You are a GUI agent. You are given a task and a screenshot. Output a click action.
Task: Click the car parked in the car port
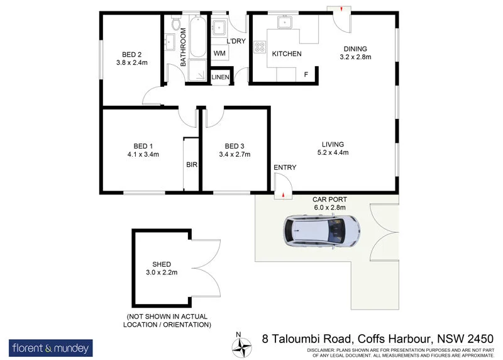pos(321,230)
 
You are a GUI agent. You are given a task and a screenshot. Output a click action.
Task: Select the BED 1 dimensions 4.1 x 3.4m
pos(143,153)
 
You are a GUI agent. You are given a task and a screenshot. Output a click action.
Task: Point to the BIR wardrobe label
pos(192,165)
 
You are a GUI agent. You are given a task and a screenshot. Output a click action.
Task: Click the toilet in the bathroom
pos(177,25)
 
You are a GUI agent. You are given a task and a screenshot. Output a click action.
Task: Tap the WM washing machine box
pos(219,53)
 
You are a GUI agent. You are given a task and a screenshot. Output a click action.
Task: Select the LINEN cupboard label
pos(220,77)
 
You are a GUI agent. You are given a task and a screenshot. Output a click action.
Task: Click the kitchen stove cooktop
pos(259,47)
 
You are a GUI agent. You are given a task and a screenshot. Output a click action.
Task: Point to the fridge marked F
pos(306,75)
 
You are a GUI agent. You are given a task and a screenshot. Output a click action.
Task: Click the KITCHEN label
pos(287,54)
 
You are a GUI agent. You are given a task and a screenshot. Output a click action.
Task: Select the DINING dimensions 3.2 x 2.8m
pos(355,57)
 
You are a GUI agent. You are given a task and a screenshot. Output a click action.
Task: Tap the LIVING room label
pos(333,143)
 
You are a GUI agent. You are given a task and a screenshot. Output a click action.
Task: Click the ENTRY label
pos(285,167)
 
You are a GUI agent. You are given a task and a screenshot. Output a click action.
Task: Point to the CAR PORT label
pos(330,200)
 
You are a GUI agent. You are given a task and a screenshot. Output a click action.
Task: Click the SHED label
pos(162,264)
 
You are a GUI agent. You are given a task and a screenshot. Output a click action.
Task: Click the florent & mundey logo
pos(50,347)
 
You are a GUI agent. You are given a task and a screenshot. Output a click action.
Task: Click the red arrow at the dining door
pos(341,9)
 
